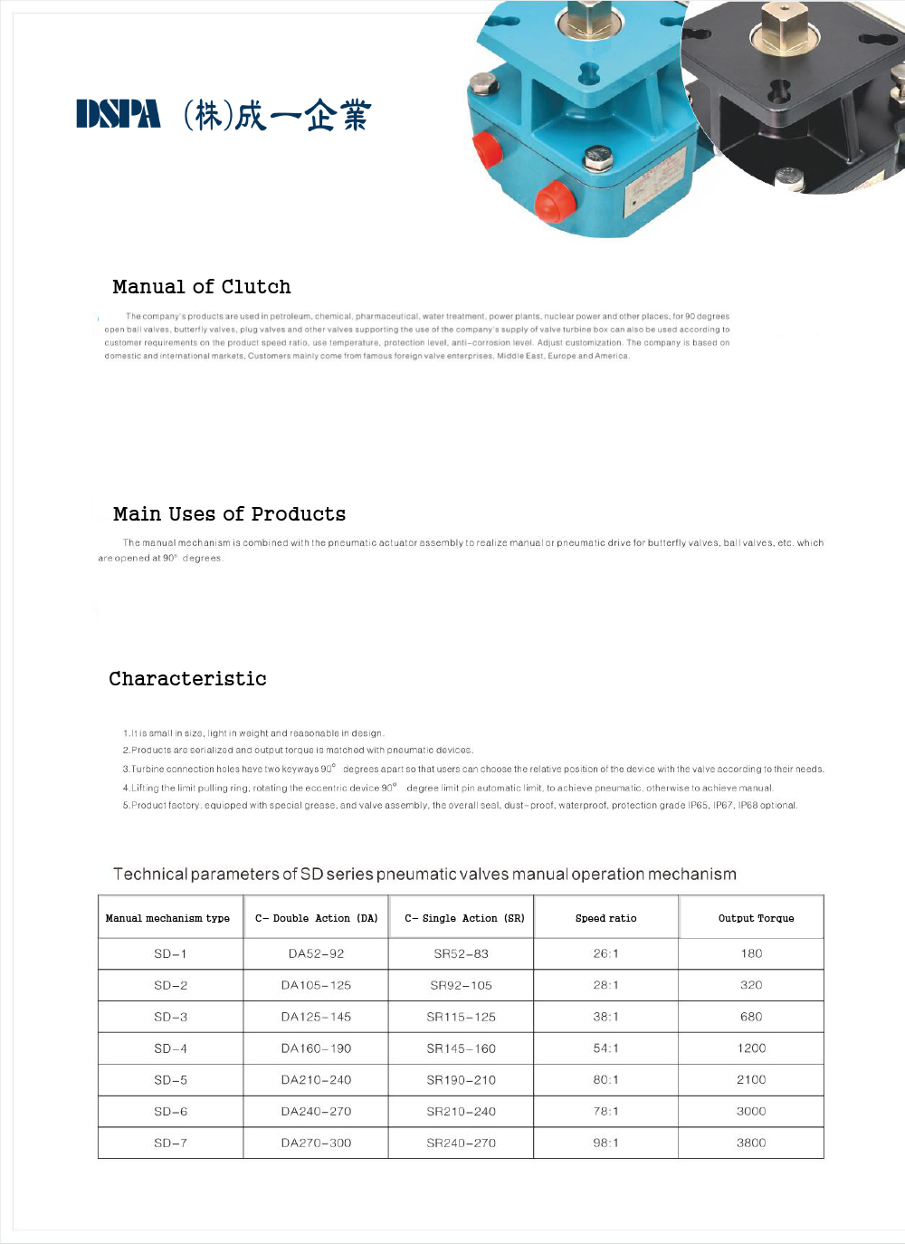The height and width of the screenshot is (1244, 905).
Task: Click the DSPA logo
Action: [119, 114]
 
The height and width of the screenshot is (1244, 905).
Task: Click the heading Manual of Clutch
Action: [202, 287]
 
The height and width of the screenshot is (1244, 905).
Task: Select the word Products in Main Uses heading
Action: [299, 514]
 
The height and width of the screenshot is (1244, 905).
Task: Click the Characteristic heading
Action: [187, 679]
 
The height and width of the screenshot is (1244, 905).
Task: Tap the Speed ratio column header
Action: [605, 918]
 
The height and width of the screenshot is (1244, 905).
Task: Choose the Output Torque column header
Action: [756, 918]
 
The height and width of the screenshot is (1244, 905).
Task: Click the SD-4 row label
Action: [170, 1048]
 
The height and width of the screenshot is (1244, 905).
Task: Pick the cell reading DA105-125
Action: [316, 985]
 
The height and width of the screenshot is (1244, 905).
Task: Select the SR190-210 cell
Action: [461, 1080]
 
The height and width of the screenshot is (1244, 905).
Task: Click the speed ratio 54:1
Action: [605, 1048]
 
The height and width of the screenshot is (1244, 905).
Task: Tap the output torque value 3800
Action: [751, 1143]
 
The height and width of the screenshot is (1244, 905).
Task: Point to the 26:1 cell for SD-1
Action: [605, 953]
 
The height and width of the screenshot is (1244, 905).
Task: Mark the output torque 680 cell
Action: [751, 1017]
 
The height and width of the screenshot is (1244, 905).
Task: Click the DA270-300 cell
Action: [316, 1143]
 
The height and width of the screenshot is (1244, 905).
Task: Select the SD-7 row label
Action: [170, 1143]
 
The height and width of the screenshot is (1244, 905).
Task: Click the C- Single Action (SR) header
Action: [464, 918]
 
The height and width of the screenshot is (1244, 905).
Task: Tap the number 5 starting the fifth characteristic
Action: [126, 805]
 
